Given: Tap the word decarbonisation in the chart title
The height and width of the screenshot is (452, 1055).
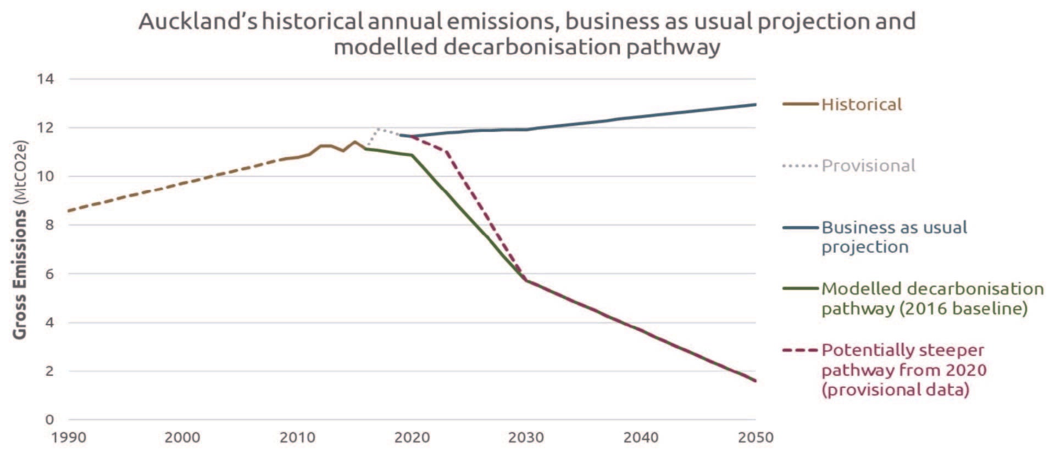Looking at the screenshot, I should pyautogui.click(x=532, y=47).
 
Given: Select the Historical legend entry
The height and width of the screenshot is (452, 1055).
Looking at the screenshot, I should pyautogui.click(x=861, y=104).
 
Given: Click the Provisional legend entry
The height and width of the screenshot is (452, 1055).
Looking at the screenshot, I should pyautogui.click(x=868, y=165).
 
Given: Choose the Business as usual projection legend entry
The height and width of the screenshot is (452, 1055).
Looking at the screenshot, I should pyautogui.click(x=893, y=237).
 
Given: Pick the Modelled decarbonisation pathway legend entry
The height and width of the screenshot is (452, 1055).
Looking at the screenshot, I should pyautogui.click(x=932, y=298).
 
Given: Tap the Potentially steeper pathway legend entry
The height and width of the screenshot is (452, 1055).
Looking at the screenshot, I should pyautogui.click(x=903, y=369).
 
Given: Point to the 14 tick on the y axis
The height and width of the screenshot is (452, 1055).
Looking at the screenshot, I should pyautogui.click(x=46, y=79).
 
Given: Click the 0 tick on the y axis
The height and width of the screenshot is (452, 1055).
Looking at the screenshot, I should pyautogui.click(x=49, y=420).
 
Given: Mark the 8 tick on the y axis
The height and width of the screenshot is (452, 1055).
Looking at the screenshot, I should pyautogui.click(x=49, y=225).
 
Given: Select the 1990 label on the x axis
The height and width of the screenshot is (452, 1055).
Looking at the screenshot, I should pyautogui.click(x=68, y=438).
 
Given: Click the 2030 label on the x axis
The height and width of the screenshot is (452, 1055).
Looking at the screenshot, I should pyautogui.click(x=526, y=438).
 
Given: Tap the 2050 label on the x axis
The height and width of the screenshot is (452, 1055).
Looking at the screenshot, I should pyautogui.click(x=755, y=438).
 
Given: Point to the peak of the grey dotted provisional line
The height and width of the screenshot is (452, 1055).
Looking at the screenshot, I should pyautogui.click(x=379, y=129).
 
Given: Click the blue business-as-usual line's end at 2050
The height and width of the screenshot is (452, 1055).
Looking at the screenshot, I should pyautogui.click(x=755, y=104).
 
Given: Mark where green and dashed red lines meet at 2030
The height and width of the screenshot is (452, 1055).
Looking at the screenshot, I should pyautogui.click(x=526, y=280).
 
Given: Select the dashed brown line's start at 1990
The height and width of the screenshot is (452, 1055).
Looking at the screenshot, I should pyautogui.click(x=69, y=211).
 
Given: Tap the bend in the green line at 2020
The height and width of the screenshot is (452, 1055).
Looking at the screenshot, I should pyautogui.click(x=412, y=155).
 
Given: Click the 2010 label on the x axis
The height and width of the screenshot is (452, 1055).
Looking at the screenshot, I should pyautogui.click(x=297, y=438).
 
